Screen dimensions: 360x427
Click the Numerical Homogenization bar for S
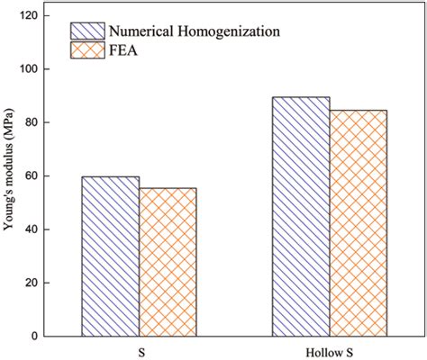pos(111,256)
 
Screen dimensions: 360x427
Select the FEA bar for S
pos(168,262)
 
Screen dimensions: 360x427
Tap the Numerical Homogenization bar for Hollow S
pos(301,216)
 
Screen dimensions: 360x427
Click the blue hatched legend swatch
pos(87,31)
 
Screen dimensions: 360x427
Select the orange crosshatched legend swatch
pos(87,51)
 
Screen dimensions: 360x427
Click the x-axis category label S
pos(139,351)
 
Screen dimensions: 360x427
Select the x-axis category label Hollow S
pos(329,351)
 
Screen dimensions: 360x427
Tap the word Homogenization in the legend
pos(229,31)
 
